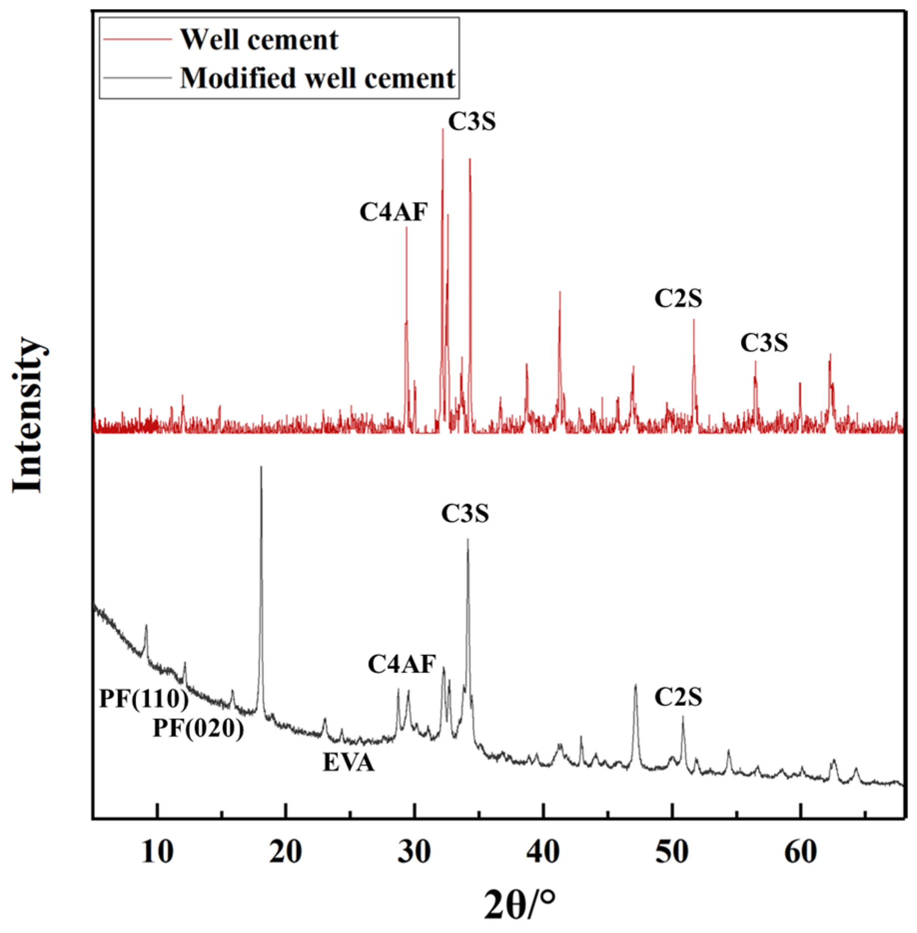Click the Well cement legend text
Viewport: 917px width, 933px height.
pos(259,39)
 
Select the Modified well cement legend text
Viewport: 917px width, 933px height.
pos(317,78)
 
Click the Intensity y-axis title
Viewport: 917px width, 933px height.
pos(29,415)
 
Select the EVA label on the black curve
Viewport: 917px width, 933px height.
pos(348,763)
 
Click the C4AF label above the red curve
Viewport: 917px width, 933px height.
pos(394,212)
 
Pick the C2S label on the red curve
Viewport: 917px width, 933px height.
pos(678,299)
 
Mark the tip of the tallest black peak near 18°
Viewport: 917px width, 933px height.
pos(261,467)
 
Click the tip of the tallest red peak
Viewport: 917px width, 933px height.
pos(442,129)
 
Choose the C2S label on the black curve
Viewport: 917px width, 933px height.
pos(678,697)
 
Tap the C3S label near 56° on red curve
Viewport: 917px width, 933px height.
pos(764,343)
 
